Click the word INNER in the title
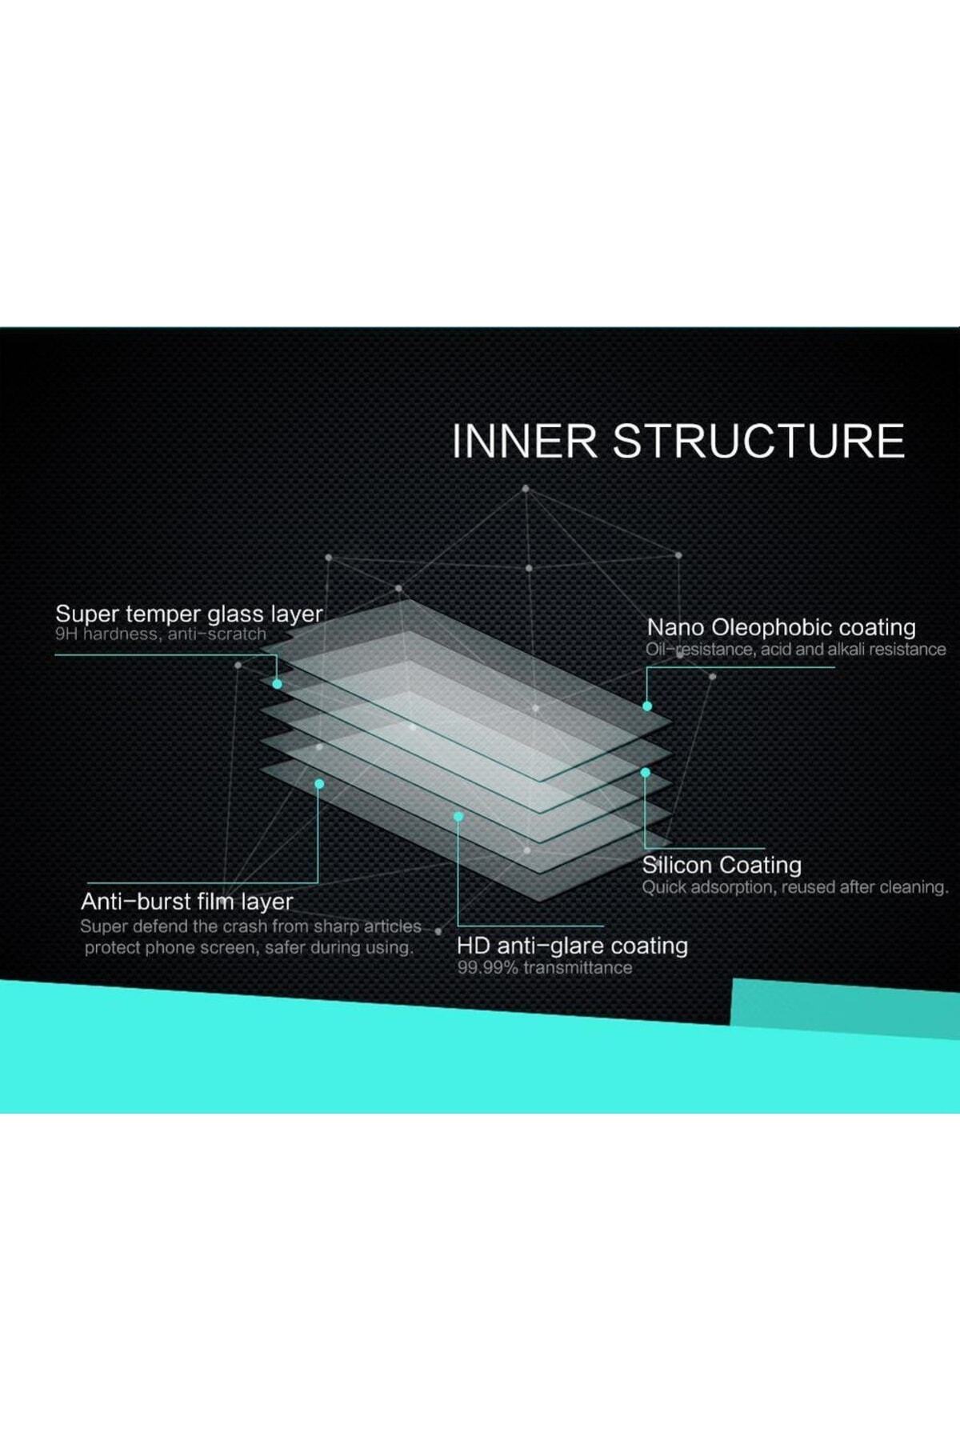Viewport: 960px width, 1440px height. (524, 442)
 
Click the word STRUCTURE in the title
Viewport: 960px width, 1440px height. (758, 442)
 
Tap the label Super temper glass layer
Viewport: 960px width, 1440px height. (189, 614)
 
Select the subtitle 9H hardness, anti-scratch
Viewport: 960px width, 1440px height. (160, 634)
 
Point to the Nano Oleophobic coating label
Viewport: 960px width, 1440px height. (781, 627)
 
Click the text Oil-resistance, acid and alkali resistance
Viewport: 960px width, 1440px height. (795, 650)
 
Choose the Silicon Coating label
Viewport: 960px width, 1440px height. (722, 865)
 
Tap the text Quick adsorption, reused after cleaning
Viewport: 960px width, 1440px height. (794, 887)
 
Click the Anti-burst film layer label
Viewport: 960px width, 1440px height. (186, 902)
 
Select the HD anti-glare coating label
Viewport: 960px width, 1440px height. (572, 946)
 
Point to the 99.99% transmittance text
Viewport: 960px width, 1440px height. (544, 968)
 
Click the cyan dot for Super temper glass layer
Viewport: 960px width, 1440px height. (277, 684)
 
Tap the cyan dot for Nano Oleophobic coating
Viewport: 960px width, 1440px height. (647, 706)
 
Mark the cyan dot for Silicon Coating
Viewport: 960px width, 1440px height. (646, 773)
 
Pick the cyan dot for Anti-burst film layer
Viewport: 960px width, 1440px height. (319, 784)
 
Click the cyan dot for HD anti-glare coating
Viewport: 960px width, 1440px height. (458, 817)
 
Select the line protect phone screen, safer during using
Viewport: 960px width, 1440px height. (249, 948)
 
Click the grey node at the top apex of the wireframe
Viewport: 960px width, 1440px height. (526, 488)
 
